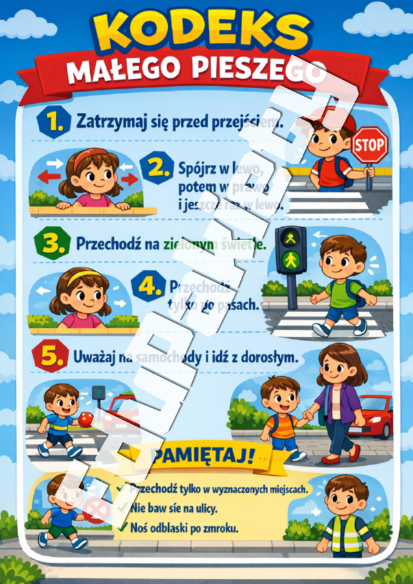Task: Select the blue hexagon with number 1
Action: click(x=51, y=121)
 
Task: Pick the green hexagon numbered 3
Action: click(x=51, y=245)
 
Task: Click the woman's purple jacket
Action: click(x=345, y=402)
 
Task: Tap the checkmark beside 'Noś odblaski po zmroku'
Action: click(x=121, y=528)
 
